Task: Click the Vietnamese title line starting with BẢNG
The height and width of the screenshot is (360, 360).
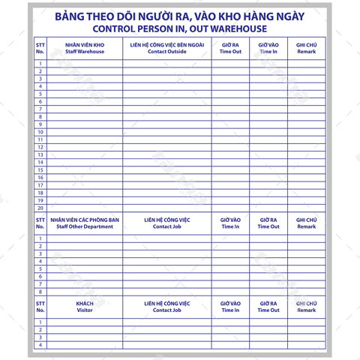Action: tap(180, 16)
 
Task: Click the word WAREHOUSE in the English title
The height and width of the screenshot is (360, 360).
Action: tap(234, 29)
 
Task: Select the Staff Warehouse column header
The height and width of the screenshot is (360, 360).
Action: tap(85, 48)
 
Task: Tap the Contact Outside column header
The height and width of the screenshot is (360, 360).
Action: tap(166, 48)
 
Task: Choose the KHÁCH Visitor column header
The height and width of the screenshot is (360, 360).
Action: tap(85, 307)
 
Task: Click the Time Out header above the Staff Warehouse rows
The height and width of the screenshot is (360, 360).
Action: tap(230, 48)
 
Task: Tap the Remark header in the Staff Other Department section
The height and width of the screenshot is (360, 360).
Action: tap(306, 223)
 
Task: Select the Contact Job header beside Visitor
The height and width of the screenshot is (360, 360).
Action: tap(166, 307)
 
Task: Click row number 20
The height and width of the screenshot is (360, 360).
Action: tap(40, 208)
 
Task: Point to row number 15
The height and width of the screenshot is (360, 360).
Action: tap(40, 170)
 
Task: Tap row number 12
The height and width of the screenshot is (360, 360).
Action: tap(40, 147)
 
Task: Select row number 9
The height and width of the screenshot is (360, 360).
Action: tap(40, 124)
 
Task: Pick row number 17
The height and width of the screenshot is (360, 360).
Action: tap(40, 185)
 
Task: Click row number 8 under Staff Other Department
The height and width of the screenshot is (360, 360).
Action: tap(40, 292)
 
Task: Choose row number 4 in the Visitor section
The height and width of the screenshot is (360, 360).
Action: tap(40, 345)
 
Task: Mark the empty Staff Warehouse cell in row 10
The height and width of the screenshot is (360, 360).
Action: tap(85, 132)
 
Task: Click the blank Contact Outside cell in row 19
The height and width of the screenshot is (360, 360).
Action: tap(166, 200)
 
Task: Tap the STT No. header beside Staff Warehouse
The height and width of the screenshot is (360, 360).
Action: tap(40, 48)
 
